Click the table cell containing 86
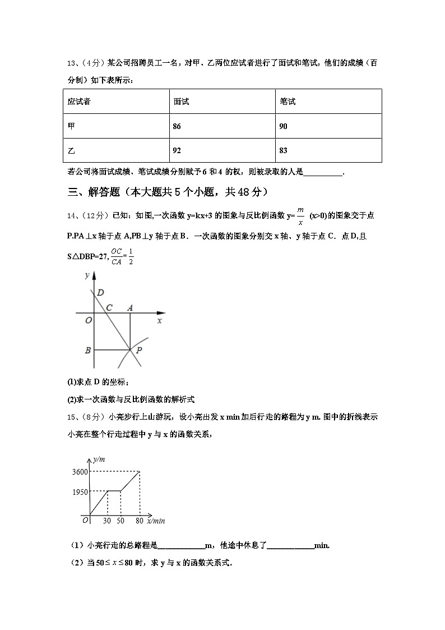pyautogui.click(x=177, y=126)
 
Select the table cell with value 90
pyautogui.click(x=283, y=126)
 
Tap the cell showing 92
pyautogui.click(x=177, y=150)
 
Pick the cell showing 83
pyautogui.click(x=283, y=150)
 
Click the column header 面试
pyautogui.click(x=181, y=102)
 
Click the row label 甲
pyautogui.click(x=71, y=126)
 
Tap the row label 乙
pyautogui.click(x=71, y=150)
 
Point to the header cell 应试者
pyautogui.click(x=80, y=102)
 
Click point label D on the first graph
pyautogui.click(x=100, y=293)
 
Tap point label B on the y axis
pyautogui.click(x=88, y=351)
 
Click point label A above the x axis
pyautogui.click(x=130, y=307)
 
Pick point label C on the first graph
pyautogui.click(x=109, y=307)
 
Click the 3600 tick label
pyautogui.click(x=80, y=472)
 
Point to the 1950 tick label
pyautogui.click(x=80, y=492)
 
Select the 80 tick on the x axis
pyautogui.click(x=138, y=521)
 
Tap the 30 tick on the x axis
pyautogui.click(x=106, y=521)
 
